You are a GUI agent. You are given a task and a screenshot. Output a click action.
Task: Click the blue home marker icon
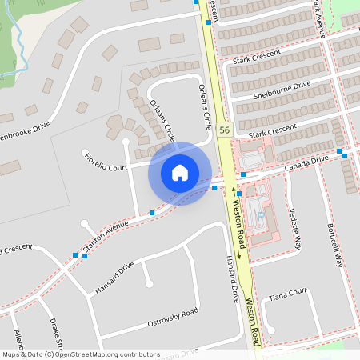(x=179, y=173)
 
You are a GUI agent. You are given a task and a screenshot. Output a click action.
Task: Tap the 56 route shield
(x=223, y=129)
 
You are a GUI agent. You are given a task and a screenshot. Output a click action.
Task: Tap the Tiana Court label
(x=288, y=294)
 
